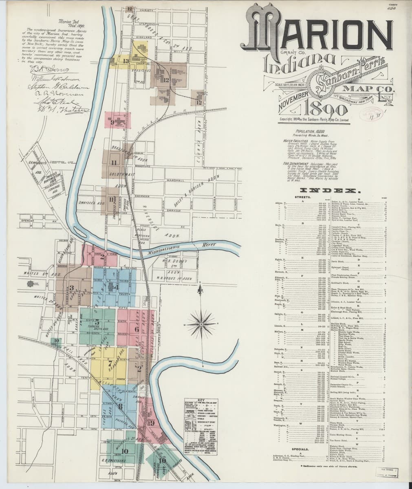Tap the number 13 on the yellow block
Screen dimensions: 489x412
126,61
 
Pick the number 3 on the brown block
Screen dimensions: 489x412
72,288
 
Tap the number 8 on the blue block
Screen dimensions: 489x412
120,406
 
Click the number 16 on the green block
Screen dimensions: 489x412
163,460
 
